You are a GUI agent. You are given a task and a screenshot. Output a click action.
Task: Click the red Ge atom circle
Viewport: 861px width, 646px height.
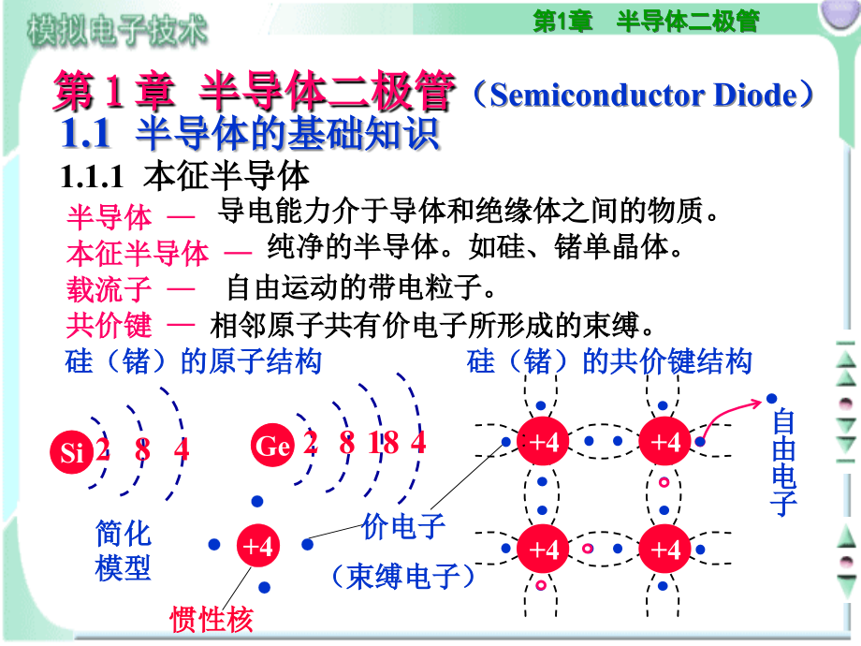point(272,447)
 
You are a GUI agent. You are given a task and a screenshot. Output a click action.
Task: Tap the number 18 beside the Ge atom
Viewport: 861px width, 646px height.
point(383,443)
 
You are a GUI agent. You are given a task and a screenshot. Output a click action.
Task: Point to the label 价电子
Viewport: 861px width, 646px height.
point(403,527)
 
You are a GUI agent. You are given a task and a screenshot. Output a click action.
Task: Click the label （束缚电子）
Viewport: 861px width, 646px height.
point(404,576)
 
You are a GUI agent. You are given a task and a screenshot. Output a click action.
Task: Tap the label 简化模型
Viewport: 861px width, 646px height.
point(124,551)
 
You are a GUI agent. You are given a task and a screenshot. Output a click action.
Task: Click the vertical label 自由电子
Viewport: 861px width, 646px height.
point(783,463)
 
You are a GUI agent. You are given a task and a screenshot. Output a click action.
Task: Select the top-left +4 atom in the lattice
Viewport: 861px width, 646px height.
point(544,442)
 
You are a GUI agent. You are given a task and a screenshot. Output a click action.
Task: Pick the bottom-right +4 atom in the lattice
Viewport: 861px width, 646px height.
point(665,548)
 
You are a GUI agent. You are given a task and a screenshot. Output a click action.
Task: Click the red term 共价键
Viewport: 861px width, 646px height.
point(109,325)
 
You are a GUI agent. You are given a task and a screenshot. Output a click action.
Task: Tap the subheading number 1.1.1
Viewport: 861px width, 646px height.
point(92,175)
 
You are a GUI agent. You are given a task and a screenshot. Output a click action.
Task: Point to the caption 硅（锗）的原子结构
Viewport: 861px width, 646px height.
point(193,361)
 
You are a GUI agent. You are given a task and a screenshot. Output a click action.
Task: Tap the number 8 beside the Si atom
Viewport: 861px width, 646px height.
point(142,449)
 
